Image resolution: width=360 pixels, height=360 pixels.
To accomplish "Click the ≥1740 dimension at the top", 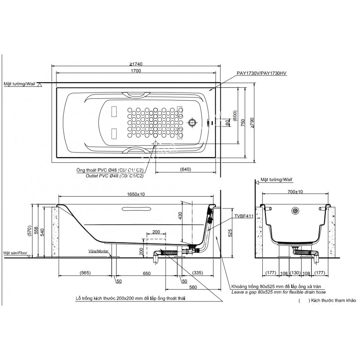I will [136, 64].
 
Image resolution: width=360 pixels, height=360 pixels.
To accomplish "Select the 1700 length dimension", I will [136, 71].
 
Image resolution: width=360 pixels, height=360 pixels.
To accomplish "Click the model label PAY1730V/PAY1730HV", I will [261, 73].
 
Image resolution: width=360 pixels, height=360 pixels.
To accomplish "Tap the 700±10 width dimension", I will [296, 192].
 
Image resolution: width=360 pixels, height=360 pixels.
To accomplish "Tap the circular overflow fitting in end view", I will [296, 210].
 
